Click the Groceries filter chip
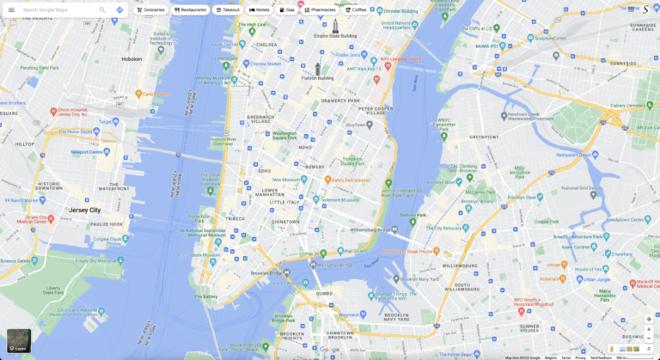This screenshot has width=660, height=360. tap(150, 10)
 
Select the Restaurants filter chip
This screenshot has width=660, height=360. tap(190, 10)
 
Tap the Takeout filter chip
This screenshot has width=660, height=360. tap(228, 10)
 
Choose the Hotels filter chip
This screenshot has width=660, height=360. tap(260, 10)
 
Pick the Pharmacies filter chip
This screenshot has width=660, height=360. tap(320, 10)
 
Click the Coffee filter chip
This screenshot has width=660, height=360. tap(356, 10)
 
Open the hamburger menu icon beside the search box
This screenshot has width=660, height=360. tap(11, 10)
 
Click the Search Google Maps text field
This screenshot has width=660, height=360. tap(56, 10)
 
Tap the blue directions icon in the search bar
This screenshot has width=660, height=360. tap(119, 10)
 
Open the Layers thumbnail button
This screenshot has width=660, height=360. tap(19, 340)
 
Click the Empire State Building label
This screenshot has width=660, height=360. tap(335, 36)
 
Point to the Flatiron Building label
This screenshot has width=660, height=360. tap(318, 77)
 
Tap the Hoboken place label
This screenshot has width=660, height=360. tap(131, 59)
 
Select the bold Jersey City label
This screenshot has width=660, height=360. tap(85, 210)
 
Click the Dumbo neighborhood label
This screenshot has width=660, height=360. tap(324, 293)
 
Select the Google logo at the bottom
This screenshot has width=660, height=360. tap(330, 350)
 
